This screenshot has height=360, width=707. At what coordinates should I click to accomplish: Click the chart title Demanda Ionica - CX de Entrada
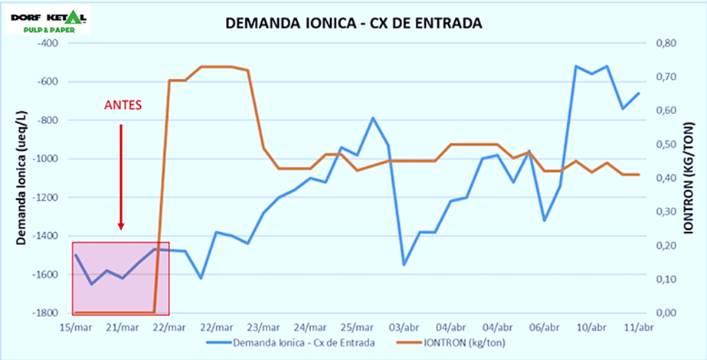coord(353,24)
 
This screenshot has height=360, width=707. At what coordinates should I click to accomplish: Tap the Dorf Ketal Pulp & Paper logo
coord(47,21)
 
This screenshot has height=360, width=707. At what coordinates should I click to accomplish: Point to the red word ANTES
coord(123,104)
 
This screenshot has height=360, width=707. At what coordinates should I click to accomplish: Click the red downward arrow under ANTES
coord(121,176)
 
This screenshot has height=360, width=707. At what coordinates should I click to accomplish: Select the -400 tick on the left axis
coord(47,43)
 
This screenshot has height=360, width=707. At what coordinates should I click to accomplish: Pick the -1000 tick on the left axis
coord(44,159)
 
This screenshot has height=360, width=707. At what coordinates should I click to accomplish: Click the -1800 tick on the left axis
coord(44,313)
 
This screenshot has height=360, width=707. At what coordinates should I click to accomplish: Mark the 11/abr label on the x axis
coord(638,327)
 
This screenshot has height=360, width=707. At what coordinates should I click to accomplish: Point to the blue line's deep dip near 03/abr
coord(404,264)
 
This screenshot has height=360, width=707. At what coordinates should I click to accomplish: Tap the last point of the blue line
coord(638,93)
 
